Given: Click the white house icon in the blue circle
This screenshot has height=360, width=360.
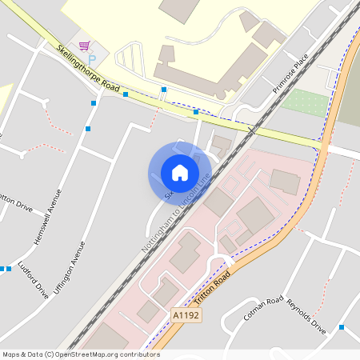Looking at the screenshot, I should (179, 172).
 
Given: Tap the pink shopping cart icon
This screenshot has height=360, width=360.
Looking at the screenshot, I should (84, 46).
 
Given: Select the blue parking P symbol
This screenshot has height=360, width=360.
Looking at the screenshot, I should (90, 59).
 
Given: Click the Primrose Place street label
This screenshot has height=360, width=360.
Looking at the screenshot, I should (290, 74).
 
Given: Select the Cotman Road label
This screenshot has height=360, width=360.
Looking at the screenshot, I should (263, 308).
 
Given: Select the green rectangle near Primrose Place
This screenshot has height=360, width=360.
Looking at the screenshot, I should (305, 103).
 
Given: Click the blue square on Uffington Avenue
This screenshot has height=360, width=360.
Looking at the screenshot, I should (88, 129).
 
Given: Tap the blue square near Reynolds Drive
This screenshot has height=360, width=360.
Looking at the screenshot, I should (342, 326).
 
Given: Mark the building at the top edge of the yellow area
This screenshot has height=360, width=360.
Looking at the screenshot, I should (179, 8).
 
